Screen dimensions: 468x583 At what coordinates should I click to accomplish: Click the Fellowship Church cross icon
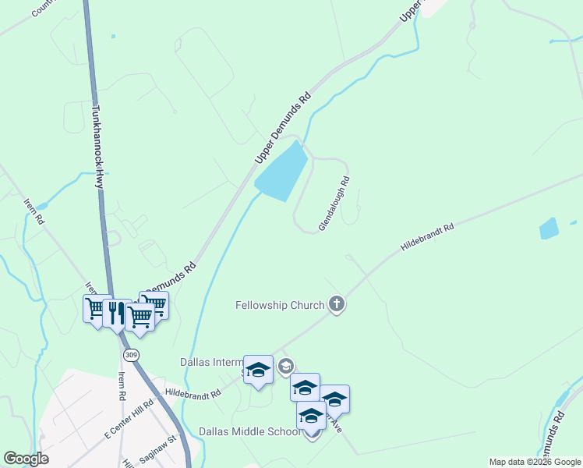[336, 304]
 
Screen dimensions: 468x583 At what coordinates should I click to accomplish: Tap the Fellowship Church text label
[280, 305]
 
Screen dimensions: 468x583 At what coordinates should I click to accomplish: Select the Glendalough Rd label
[334, 204]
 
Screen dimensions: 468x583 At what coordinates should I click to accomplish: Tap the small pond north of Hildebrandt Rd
[549, 229]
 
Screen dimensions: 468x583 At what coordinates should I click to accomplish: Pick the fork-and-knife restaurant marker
[117, 313]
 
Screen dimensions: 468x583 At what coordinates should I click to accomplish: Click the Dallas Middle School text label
[249, 431]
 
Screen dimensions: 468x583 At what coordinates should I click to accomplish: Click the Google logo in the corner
[26, 459]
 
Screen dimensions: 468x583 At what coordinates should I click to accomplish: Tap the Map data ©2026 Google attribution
[535, 462]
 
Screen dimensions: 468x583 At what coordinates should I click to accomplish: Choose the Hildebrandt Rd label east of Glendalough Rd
[427, 237]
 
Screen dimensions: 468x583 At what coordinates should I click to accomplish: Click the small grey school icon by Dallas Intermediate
[286, 366]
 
